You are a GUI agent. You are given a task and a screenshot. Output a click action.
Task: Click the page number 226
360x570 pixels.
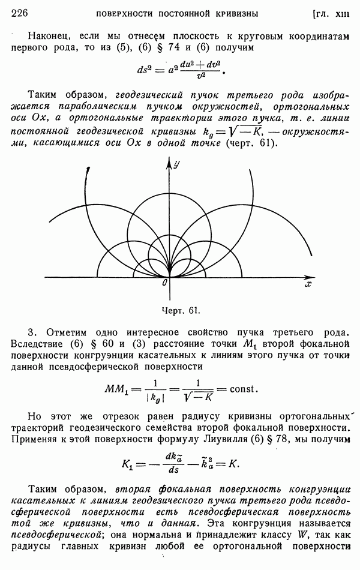click(x=21, y=13)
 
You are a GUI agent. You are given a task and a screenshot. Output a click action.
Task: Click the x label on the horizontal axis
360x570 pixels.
click(x=308, y=284)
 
